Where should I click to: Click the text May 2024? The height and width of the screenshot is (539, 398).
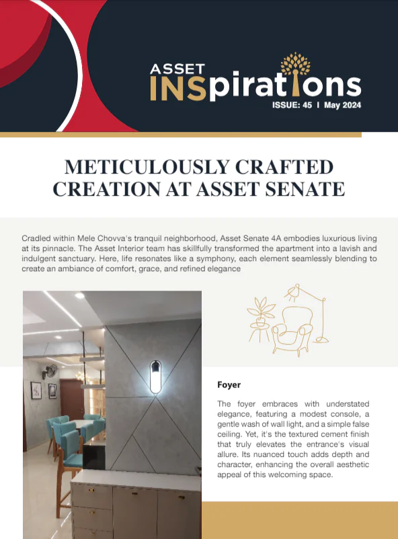[x=343, y=105]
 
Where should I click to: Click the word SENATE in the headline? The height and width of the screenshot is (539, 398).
[x=301, y=188]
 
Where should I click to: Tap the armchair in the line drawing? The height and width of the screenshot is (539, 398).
[x=296, y=327]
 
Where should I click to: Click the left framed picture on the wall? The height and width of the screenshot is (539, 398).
[x=35, y=390]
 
